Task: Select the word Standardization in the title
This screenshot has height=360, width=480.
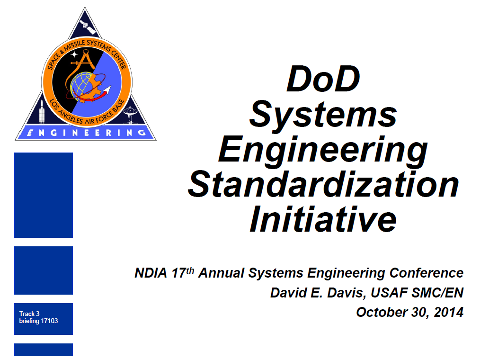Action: [x=323, y=184]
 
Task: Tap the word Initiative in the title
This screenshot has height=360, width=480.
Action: [x=323, y=219]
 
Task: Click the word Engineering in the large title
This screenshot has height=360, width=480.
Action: [x=323, y=152]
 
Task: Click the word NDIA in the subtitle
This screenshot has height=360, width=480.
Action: [x=151, y=273]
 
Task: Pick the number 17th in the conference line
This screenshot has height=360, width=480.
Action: [x=183, y=272]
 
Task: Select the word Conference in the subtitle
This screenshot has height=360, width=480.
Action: [x=427, y=273]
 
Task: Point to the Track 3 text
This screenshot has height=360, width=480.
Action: [x=29, y=314]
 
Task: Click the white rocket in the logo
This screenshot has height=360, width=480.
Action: [x=42, y=112]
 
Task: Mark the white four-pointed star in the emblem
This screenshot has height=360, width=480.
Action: [x=74, y=54]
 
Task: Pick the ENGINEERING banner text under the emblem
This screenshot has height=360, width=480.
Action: [x=86, y=133]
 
